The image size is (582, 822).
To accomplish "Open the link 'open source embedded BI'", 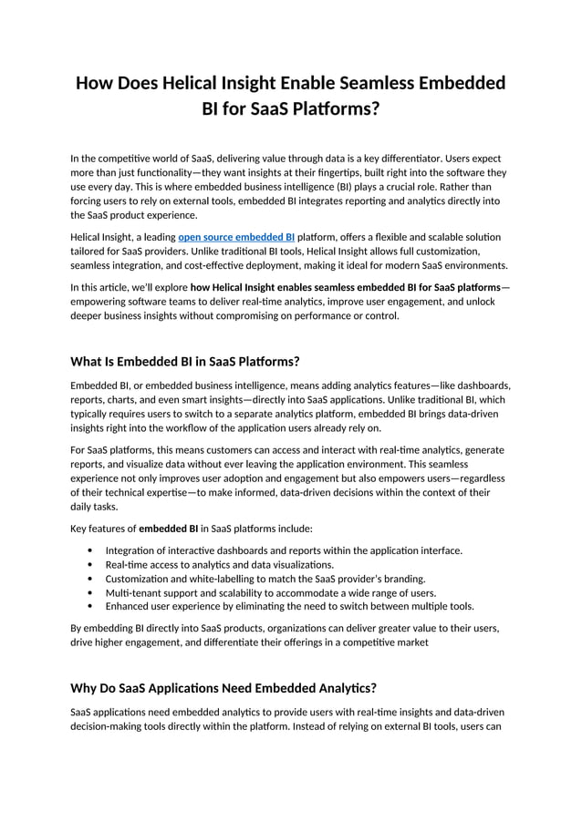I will pyautogui.click(x=236, y=237).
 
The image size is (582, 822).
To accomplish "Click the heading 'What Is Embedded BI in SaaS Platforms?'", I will pyautogui.click(x=185, y=360).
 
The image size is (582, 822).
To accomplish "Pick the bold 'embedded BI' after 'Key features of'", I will pyautogui.click(x=168, y=529).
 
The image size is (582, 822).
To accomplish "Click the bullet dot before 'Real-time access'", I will pyautogui.click(x=89, y=564).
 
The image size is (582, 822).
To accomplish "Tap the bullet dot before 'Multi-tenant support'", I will pyautogui.click(x=89, y=591).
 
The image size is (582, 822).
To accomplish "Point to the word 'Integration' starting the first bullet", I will pyautogui.click(x=130, y=550).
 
